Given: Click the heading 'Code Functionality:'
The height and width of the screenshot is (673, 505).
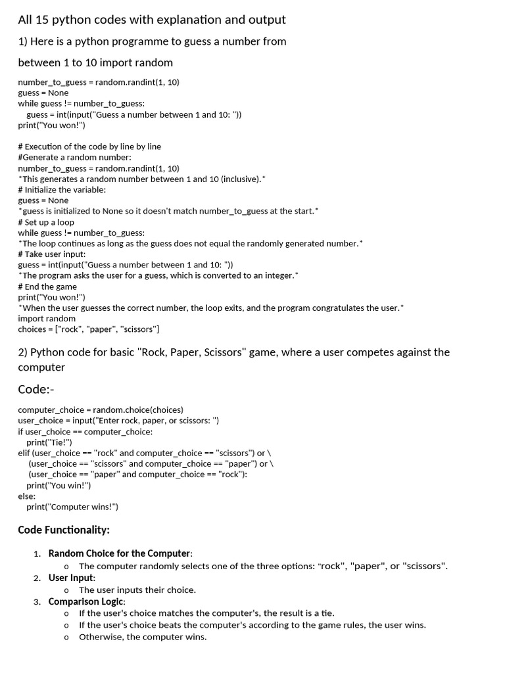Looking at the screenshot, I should click(64, 530).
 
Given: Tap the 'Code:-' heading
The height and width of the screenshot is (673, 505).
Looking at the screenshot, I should click(36, 390).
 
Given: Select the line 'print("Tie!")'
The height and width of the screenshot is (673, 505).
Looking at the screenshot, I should click(49, 442).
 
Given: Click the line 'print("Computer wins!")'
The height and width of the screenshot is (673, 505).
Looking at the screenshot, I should click(72, 507).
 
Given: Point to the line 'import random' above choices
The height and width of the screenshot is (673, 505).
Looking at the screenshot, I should click(47, 318).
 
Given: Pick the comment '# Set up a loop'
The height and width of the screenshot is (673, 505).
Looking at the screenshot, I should click(46, 222).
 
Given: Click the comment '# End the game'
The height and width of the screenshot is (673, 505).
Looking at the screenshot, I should click(47, 287).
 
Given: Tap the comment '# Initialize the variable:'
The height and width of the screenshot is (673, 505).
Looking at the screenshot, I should click(62, 189).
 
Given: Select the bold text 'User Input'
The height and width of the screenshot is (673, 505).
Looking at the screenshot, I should click(71, 578).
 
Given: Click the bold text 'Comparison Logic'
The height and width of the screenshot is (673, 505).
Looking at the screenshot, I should click(86, 601).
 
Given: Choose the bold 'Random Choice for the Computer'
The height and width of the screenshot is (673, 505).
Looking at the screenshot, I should click(119, 553).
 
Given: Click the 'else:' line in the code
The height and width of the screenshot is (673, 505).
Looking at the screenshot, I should click(27, 496).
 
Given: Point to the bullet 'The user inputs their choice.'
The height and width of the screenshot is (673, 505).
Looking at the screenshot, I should click(137, 590).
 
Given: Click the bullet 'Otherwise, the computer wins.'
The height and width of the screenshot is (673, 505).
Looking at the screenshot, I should click(143, 637).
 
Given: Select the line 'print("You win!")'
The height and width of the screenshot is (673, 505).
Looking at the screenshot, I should click(59, 486).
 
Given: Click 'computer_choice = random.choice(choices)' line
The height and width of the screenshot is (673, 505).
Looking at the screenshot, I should click(101, 409).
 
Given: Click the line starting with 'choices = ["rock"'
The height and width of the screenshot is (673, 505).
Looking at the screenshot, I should click(89, 329).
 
